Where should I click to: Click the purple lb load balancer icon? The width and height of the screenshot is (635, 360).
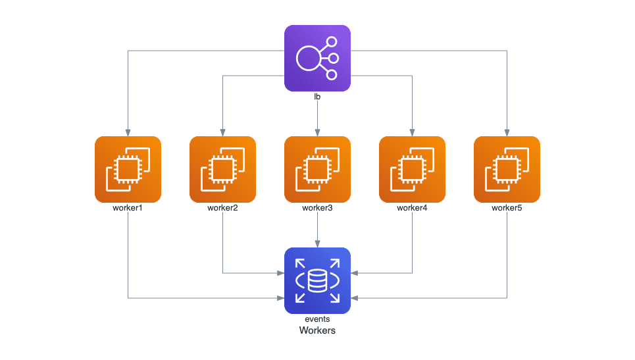(317, 58)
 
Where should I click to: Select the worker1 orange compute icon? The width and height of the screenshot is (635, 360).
(128, 169)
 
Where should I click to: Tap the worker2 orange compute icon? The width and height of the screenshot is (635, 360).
(222, 169)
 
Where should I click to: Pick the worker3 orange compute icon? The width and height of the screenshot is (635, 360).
(317, 169)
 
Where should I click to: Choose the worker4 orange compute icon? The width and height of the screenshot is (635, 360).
(412, 169)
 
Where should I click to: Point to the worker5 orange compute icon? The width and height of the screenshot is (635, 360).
(507, 169)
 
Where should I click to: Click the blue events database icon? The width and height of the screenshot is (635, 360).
(317, 280)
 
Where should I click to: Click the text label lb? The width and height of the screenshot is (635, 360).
(317, 97)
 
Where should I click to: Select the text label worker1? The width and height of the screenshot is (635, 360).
(128, 209)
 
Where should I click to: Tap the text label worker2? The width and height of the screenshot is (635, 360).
(222, 209)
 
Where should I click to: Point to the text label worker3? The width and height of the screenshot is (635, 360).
(317, 209)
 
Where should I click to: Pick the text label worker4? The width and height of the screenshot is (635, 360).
(412, 209)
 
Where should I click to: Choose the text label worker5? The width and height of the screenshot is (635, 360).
(507, 209)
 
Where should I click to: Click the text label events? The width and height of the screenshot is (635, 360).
(317, 319)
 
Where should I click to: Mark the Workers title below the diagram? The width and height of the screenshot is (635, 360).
(317, 330)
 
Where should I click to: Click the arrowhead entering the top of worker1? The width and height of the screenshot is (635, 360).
(128, 132)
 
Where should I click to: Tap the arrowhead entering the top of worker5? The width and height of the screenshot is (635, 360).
(507, 132)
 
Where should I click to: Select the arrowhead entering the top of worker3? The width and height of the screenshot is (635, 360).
(317, 132)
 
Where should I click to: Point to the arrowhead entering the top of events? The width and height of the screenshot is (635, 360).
(317, 244)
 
